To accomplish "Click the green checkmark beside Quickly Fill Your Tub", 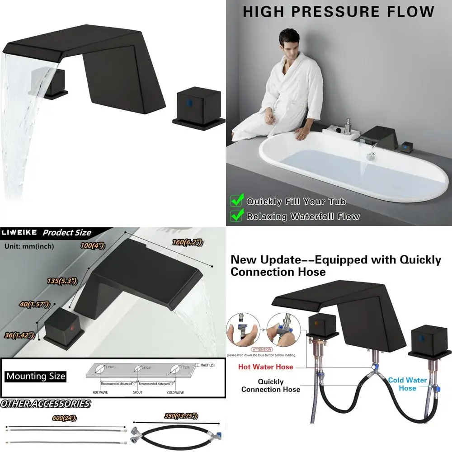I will (x=237, y=201).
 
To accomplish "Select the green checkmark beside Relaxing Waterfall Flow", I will (x=237, y=216).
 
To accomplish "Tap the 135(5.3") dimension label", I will (x=62, y=281).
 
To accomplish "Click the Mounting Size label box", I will (x=36, y=376).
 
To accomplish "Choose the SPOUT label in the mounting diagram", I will (x=137, y=392).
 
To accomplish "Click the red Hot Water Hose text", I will (x=266, y=367).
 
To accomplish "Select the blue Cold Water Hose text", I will (x=407, y=384).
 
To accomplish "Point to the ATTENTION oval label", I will (x=263, y=349).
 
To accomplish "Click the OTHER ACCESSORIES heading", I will (x=45, y=404).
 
